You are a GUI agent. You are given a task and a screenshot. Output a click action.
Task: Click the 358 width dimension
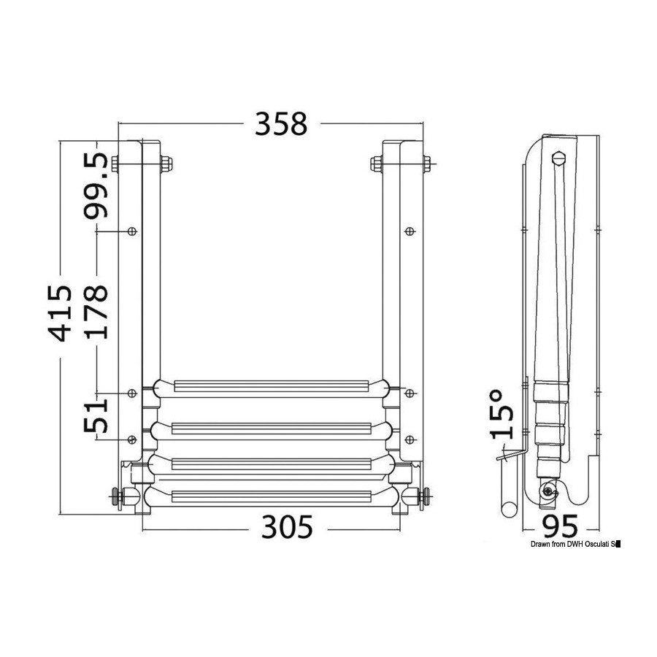tap(281, 123)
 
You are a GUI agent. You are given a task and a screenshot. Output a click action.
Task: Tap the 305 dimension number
tap(287, 526)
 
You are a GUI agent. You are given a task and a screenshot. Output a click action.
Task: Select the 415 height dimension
tap(59, 313)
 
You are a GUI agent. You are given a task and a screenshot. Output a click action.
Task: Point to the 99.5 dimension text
tap(96, 186)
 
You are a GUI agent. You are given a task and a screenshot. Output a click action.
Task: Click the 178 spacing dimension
tap(96, 312)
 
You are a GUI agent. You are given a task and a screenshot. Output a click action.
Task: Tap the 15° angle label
tap(502, 414)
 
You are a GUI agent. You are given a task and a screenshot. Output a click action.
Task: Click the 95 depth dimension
tap(560, 526)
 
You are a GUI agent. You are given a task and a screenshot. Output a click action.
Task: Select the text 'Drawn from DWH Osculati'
tap(569, 545)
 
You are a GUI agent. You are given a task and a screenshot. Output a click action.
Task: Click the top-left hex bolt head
tap(166, 164)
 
